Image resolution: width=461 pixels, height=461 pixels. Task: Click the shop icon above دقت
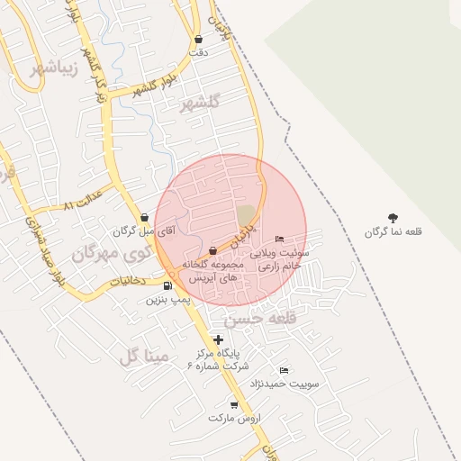pos(198,40)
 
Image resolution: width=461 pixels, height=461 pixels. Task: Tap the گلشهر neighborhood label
pos(200,104)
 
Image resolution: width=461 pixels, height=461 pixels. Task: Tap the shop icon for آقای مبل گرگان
pos(145,217)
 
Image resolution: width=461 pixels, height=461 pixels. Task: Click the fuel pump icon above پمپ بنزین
pos(168,286)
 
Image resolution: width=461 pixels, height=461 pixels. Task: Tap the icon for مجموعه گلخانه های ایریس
pos(212,250)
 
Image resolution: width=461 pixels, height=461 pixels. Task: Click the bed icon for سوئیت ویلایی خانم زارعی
pos(280,239)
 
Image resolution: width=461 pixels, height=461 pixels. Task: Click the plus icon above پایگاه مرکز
pos(218,339)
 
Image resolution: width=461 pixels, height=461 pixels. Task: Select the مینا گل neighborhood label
pos(143,357)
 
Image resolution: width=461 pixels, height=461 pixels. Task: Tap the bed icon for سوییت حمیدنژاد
pos(285,371)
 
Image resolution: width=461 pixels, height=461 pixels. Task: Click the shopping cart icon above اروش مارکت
pos(234,405)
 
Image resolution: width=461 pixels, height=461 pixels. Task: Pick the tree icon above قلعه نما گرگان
pos(393,218)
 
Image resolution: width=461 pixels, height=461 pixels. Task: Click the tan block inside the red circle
pos(246,215)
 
